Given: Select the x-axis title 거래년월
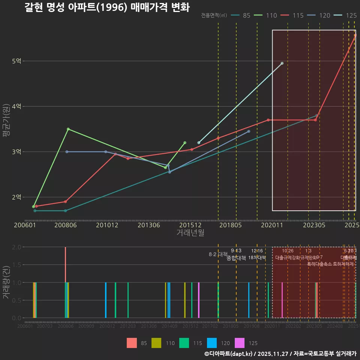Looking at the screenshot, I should coord(190,232).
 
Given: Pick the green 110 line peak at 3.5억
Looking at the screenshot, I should coord(68,129).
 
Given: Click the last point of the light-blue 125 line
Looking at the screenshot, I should coord(282,63).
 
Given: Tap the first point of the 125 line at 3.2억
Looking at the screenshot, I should coord(199,142).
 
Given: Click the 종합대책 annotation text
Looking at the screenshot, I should coord(236,258).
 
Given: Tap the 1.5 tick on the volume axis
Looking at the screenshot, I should coord(17,265).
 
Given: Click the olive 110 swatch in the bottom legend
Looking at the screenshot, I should coord(156,343).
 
